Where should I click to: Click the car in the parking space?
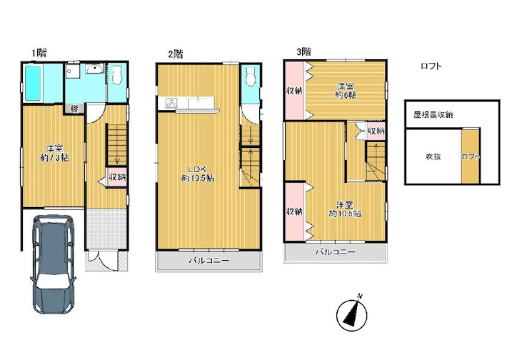(54, 264)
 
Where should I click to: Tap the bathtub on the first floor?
(34, 84)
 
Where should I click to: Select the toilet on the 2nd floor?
(251, 76)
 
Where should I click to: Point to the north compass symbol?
(353, 314)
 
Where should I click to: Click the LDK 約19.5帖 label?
(198, 174)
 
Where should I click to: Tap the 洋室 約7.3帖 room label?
(54, 153)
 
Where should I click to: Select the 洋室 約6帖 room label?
(346, 91)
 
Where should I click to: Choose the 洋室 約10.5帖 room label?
(345, 209)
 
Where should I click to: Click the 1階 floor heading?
(39, 53)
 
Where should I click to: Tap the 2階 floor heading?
(176, 54)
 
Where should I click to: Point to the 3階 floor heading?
(303, 51)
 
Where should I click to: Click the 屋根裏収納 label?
(433, 115)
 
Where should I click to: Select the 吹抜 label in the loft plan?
(433, 156)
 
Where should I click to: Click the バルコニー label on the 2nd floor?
(209, 261)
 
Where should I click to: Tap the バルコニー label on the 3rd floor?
(335, 252)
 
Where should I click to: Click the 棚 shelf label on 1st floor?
(75, 109)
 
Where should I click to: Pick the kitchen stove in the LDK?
(171, 104)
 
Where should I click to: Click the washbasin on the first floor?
(95, 69)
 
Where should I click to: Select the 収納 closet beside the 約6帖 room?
(294, 91)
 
